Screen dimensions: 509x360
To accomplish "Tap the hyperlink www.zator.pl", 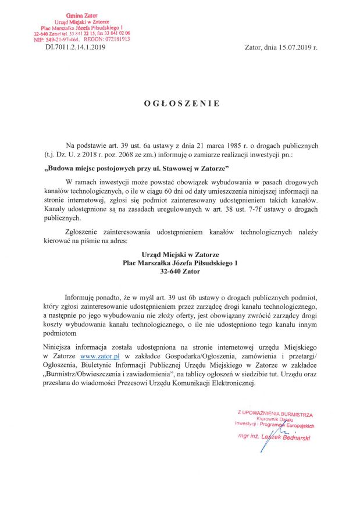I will pos(99,354).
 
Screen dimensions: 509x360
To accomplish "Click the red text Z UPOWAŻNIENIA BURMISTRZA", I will pos(275,414).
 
